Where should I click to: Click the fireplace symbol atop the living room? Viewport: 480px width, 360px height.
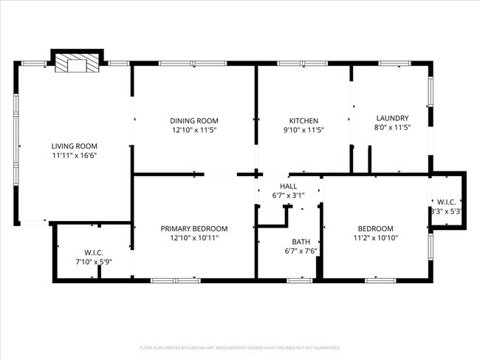[74, 64]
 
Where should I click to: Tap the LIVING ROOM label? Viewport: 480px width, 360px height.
[74, 146]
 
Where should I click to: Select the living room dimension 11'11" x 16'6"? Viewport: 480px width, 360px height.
[74, 155]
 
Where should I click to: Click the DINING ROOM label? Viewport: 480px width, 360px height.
[194, 120]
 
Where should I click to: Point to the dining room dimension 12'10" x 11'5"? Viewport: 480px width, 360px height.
[194, 130]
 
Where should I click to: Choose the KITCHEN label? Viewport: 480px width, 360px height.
[304, 120]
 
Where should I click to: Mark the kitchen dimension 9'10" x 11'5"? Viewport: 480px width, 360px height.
[304, 130]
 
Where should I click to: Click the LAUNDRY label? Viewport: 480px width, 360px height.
[392, 118]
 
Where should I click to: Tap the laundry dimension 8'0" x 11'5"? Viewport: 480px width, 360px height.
[392, 128]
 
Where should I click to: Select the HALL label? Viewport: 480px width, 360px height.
[288, 186]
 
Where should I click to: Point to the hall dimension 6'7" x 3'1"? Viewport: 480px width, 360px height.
[288, 195]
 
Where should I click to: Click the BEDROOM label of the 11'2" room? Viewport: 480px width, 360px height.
[376, 228]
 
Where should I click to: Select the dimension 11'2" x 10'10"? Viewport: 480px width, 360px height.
[376, 238]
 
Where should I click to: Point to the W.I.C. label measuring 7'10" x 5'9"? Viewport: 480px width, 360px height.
[92, 251]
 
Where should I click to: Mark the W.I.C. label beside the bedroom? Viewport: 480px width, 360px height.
[447, 202]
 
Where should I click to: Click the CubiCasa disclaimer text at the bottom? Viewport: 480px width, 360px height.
[240, 347]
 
